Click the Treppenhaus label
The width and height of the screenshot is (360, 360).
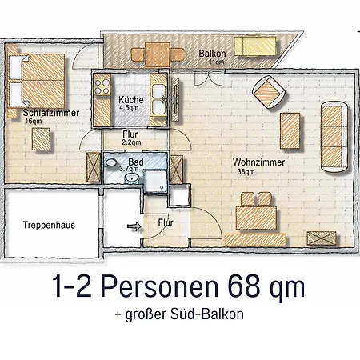pos(49,225)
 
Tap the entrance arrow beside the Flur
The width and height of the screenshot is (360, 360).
pos(134,226)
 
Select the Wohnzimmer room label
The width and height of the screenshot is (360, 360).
pos(258,162)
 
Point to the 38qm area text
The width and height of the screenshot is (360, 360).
pos(246,172)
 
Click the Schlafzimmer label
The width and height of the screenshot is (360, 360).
pos(51,113)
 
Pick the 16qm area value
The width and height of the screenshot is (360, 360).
pos(34,121)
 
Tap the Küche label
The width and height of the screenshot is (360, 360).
pos(131,100)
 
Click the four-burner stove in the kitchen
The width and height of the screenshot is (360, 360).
pos(102,86)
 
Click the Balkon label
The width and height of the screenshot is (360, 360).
pos(212,54)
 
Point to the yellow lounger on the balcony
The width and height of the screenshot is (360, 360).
pos(255,46)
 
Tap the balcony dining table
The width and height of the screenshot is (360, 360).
pos(158,54)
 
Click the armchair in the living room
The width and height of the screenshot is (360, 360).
pos(269,92)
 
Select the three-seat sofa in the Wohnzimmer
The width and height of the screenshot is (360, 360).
pos(334,136)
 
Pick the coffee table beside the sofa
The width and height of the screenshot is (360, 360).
pos(290,131)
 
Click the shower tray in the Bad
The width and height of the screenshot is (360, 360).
pos(155,181)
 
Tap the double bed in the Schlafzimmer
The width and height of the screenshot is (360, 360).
pos(37,81)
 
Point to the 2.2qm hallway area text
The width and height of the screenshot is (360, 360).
pos(131,142)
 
